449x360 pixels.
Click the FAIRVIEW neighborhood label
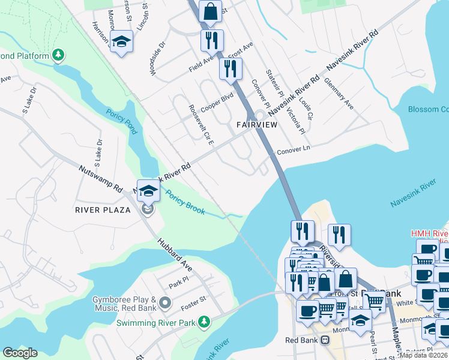[257, 125]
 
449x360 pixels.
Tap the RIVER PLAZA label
[103, 210]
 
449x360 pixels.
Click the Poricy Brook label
[185, 203]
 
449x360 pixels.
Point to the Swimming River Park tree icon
[205, 322]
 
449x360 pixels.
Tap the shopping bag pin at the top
[211, 11]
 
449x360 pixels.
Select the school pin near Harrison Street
[122, 42]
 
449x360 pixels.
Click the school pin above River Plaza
[148, 191]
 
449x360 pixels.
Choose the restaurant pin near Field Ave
[212, 40]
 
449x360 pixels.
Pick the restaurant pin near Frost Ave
[231, 68]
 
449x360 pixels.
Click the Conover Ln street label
[294, 149]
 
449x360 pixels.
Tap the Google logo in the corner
[20, 353]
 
